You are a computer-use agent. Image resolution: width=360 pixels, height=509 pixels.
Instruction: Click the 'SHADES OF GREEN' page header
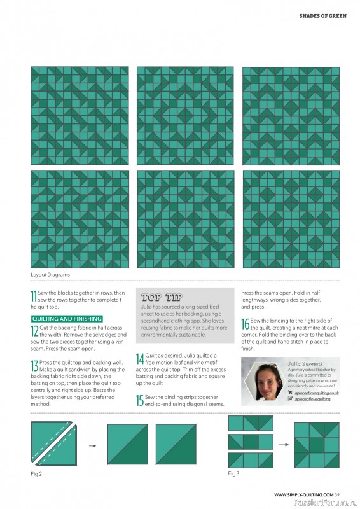pyautogui.click(x=322, y=15)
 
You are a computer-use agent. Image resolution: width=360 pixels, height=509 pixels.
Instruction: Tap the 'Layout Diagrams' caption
pyautogui.click(x=50, y=275)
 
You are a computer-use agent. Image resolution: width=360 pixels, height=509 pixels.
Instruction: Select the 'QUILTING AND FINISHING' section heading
pyautogui.click(x=67, y=319)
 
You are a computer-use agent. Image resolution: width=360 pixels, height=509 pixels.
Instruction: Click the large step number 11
pyautogui.click(x=34, y=296)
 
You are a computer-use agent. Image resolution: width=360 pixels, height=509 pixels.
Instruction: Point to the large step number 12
pyautogui.click(x=35, y=331)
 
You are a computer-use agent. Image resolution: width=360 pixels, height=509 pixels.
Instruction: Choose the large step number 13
pyautogui.click(x=35, y=366)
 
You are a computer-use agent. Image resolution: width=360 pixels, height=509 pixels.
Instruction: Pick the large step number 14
pyautogui.click(x=140, y=359)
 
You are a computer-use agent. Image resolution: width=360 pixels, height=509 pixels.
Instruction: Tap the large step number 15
pyautogui.click(x=140, y=401)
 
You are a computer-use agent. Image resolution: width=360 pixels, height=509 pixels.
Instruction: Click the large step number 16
pyautogui.click(x=245, y=324)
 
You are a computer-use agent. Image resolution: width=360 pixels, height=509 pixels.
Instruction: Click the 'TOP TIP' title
pyautogui.click(x=162, y=297)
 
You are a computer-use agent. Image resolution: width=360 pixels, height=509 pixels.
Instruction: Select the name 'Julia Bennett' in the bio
pyautogui.click(x=305, y=364)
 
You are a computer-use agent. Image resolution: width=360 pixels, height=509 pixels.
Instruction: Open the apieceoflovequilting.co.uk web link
pyautogui.click(x=317, y=393)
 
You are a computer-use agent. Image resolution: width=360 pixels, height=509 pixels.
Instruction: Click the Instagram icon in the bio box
pyautogui.click(x=291, y=399)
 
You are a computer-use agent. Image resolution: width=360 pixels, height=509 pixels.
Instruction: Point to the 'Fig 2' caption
pyautogui.click(x=36, y=474)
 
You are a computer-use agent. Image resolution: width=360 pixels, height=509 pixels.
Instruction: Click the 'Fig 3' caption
pyautogui.click(x=233, y=473)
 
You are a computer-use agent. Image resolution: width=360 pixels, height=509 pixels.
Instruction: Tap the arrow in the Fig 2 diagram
pyautogui.click(x=92, y=446)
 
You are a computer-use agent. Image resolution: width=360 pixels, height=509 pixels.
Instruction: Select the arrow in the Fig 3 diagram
pyautogui.click(x=284, y=444)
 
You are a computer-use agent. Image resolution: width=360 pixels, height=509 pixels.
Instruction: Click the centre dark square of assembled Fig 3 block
pyautogui.click(x=317, y=445)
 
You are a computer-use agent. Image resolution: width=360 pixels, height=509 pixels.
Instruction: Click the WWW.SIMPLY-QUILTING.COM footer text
pyautogui.click(x=303, y=495)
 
